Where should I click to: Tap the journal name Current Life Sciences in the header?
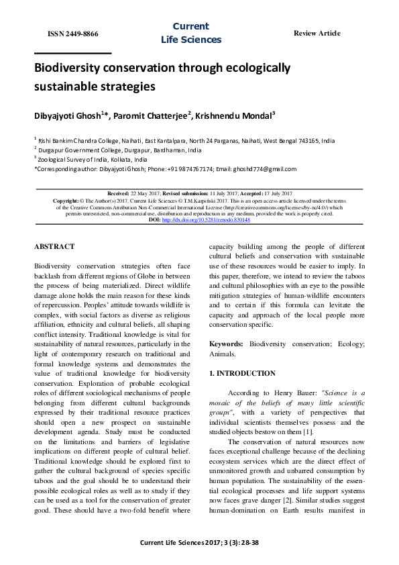point(190,33)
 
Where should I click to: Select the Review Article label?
point(317,34)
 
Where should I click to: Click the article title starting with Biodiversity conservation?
point(162,77)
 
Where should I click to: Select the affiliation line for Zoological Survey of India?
point(93,160)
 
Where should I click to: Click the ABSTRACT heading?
point(54,247)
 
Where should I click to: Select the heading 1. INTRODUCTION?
point(242,373)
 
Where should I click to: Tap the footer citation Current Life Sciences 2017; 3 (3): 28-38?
point(198,544)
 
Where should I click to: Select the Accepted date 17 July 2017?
point(272,193)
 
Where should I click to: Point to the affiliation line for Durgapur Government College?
point(119,151)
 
